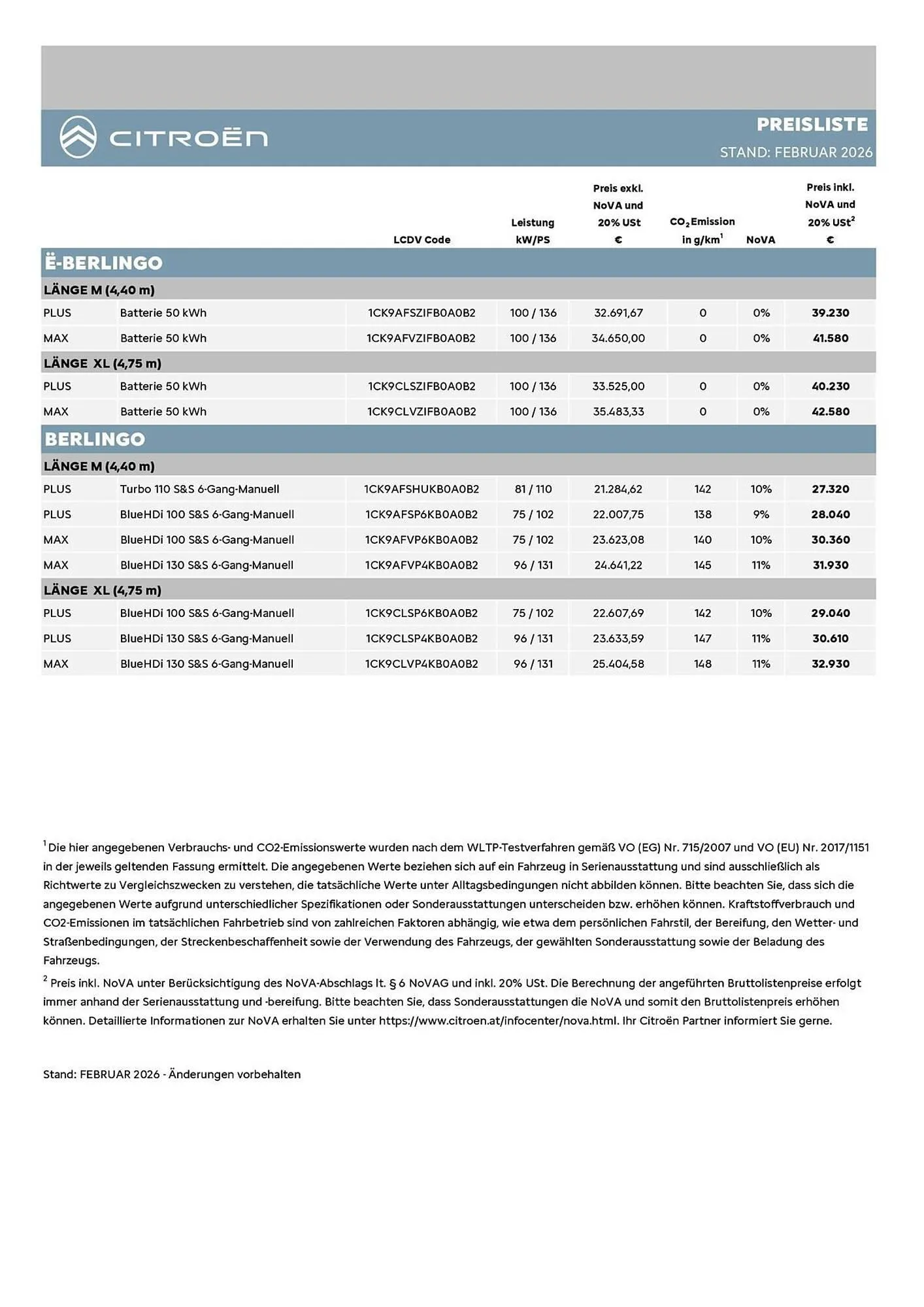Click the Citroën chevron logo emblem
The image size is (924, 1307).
click(78, 137)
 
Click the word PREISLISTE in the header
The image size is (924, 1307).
click(812, 124)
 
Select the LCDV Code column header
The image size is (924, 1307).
click(421, 240)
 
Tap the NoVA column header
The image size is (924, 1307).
click(761, 240)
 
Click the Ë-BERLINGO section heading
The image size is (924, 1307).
click(103, 263)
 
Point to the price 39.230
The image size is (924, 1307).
click(830, 313)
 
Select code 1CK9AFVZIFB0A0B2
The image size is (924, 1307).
click(421, 339)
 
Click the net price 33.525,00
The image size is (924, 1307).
click(618, 386)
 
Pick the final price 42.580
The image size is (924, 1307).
click(830, 412)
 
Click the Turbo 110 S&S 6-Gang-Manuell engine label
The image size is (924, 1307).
click(199, 489)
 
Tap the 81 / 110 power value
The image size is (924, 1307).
click(533, 489)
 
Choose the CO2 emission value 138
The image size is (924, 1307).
click(702, 514)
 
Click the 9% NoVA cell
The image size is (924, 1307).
click(761, 514)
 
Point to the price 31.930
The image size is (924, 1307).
click(830, 565)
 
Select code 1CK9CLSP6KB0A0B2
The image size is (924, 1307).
click(421, 613)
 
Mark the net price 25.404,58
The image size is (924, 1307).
click(618, 664)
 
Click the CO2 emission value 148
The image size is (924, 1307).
click(702, 664)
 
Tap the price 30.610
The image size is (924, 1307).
click(830, 638)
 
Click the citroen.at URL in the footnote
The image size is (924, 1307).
click(498, 1021)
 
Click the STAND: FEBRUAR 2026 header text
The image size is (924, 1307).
click(795, 152)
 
